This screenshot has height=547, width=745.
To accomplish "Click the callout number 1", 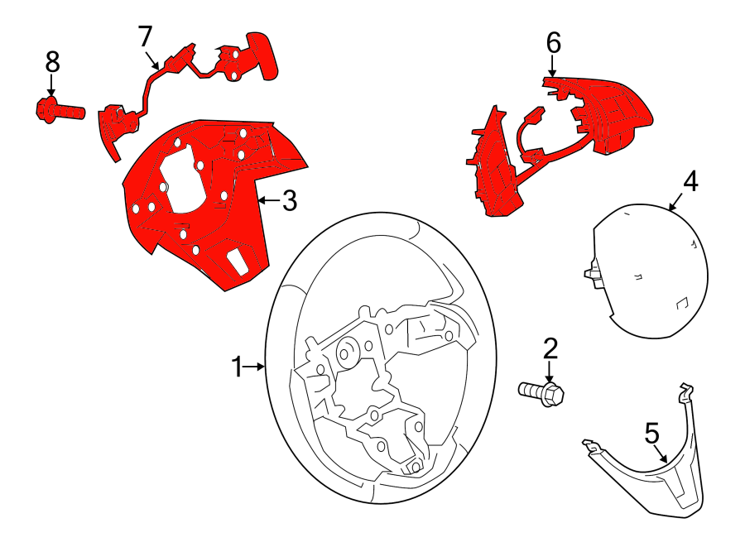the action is [x=237, y=367].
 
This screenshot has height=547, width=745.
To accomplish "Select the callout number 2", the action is [x=550, y=349].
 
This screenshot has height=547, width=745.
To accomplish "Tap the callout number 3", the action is [x=290, y=201].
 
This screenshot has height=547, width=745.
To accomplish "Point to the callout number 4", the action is [x=690, y=182].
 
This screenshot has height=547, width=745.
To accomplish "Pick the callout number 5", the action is [x=652, y=434].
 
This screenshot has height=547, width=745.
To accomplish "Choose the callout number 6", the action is [x=554, y=43].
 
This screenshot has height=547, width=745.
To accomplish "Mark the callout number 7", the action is [x=146, y=36].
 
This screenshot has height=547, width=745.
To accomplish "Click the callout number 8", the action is [x=52, y=62].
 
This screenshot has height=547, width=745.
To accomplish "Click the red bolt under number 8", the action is [x=60, y=110].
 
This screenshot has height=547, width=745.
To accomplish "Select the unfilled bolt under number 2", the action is [x=541, y=393].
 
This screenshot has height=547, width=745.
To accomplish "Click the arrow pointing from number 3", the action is [x=268, y=200].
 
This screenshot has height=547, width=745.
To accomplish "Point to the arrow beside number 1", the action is [x=254, y=367].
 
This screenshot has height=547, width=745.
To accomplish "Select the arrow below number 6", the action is [x=552, y=65].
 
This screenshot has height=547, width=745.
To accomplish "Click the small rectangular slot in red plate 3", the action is [x=237, y=262].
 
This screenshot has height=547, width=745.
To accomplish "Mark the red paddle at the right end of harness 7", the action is [x=262, y=55].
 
